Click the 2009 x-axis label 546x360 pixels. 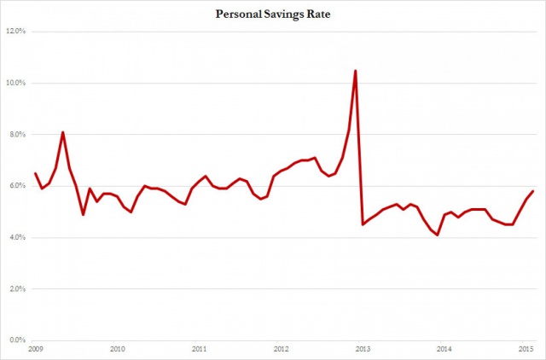pos(36,350)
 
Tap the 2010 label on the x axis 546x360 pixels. pos(118,350)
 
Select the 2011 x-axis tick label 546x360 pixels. pos(199,350)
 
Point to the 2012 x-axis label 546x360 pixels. pos(281,350)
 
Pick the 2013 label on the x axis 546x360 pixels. pos(363,350)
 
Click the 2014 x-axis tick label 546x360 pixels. pos(444,350)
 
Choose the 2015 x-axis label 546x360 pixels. pos(526,350)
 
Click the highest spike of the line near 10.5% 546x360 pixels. pos(355,70)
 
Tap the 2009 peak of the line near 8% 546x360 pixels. pos(62,132)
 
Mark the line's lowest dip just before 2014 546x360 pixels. pos(438,235)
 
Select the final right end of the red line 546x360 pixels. pos(533,191)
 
